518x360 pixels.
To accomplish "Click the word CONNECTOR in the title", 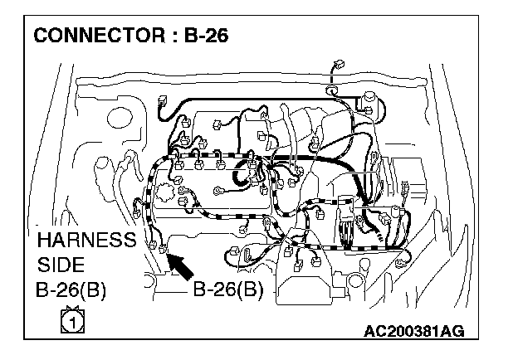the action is coord(99,36).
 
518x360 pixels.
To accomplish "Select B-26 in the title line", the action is coord(206,36).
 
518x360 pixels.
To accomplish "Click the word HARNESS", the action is coord(86,240).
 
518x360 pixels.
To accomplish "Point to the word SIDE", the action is coord(61,265).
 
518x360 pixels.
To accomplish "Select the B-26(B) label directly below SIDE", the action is coord(71,290).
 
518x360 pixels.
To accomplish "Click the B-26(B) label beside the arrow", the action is coord(228,289).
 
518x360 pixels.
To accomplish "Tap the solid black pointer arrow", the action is coord(180,266).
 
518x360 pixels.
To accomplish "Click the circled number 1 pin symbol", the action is coord(73,320).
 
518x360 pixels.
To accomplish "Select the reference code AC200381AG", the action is coord(414,331).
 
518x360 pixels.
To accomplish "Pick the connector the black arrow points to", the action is coord(162,249).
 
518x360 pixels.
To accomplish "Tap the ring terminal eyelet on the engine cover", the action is coord(218,191).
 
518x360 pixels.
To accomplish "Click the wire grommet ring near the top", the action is coord(330,90).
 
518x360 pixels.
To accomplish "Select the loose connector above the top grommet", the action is coord(339,64).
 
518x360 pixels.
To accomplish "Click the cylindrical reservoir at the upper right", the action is coord(369,103).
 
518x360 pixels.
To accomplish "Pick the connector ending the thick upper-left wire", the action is coord(162,100).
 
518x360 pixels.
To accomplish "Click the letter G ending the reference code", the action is coord(458,331).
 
